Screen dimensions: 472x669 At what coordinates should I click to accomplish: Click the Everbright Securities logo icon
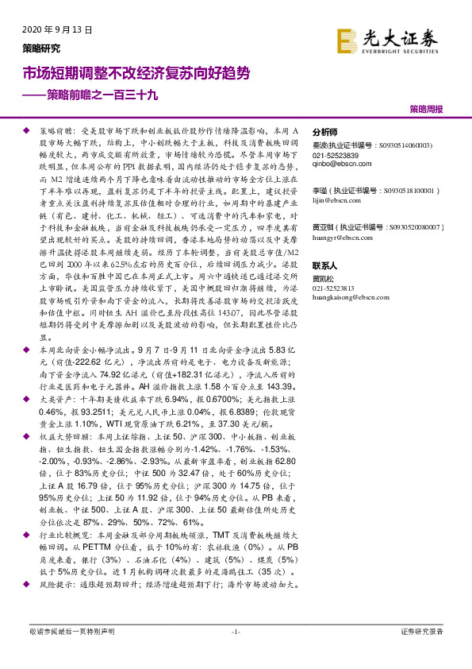(x=347, y=40)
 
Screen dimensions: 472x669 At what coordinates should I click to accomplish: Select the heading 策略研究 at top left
(x=40, y=48)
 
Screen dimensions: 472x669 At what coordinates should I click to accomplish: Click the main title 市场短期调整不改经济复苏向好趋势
(x=136, y=74)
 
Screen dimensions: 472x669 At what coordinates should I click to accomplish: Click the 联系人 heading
(x=325, y=265)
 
